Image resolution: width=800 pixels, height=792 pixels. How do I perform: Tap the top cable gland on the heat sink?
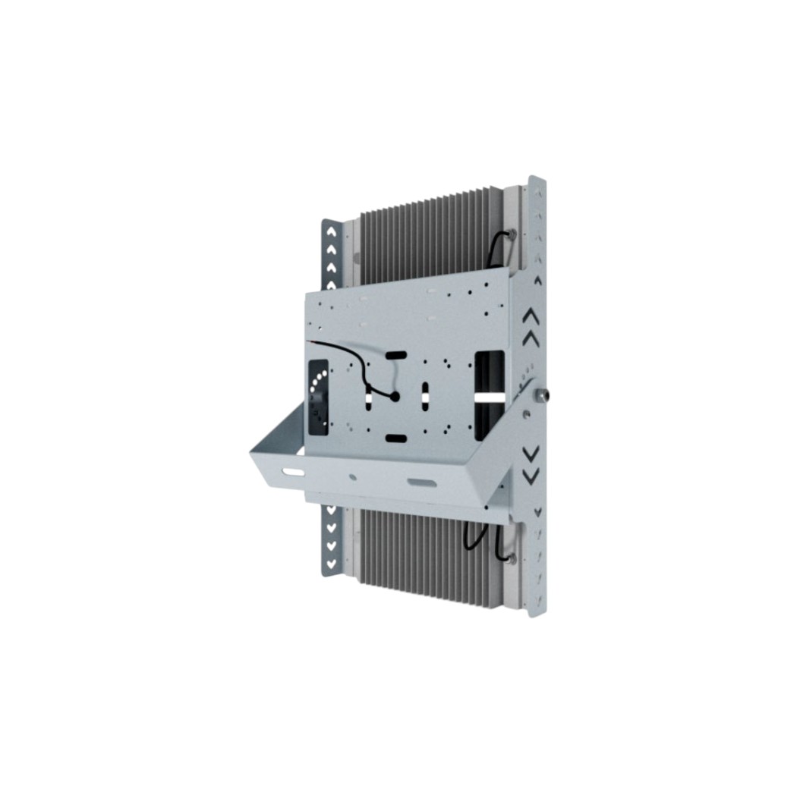(x=512, y=234)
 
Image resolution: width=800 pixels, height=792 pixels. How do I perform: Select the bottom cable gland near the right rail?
(x=512, y=558)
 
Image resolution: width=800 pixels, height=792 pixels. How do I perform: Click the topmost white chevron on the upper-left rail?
(x=331, y=232)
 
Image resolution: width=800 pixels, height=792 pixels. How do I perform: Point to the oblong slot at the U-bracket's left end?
(x=293, y=472)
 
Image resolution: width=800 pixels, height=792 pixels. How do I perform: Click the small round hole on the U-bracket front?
(x=353, y=478)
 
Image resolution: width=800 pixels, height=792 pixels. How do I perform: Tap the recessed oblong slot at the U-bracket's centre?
(x=421, y=482)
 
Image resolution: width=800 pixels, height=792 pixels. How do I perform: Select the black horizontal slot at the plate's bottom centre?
(x=396, y=438)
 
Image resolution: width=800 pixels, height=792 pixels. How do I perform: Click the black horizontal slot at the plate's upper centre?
(x=396, y=355)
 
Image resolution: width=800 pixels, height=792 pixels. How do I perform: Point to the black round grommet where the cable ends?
(x=394, y=396)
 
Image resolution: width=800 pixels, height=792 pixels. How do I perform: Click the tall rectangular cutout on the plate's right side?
(x=490, y=394)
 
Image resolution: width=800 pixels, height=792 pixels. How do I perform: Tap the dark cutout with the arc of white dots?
(x=317, y=398)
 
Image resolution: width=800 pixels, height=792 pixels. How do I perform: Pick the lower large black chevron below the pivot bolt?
(x=531, y=453)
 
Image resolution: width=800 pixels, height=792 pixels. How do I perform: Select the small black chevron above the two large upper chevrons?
(x=538, y=280)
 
